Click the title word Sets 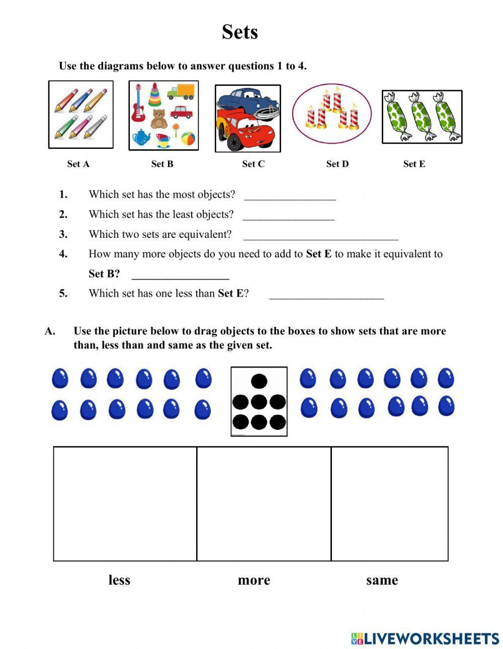(240, 32)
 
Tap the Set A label (78, 164)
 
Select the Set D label (337, 164)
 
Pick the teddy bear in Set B (159, 119)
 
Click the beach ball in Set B (188, 137)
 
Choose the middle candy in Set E (422, 117)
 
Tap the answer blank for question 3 (320, 236)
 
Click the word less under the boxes (119, 580)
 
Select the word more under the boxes (254, 580)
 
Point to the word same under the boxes (382, 580)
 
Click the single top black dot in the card (259, 382)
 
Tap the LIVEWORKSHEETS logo (425, 638)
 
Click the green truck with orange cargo (180, 92)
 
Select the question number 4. (63, 254)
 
